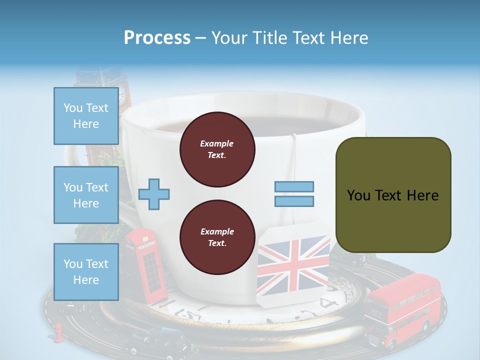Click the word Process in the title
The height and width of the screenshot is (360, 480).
[157, 38]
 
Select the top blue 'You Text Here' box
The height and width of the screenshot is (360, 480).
[86, 116]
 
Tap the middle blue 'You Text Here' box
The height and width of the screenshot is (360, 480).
[86, 195]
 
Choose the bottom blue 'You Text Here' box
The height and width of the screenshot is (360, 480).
[86, 271]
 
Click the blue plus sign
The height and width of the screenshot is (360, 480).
[154, 193]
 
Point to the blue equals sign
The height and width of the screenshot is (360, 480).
[294, 194]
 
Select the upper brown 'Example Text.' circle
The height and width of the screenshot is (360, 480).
[217, 149]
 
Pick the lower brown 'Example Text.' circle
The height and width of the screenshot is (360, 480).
[217, 237]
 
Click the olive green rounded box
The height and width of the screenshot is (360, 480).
[393, 195]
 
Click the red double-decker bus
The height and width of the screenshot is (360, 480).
[403, 310]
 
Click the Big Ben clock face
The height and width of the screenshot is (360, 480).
[122, 93]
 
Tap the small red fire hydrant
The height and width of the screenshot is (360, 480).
[58, 331]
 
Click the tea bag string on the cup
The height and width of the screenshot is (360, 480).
[294, 150]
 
